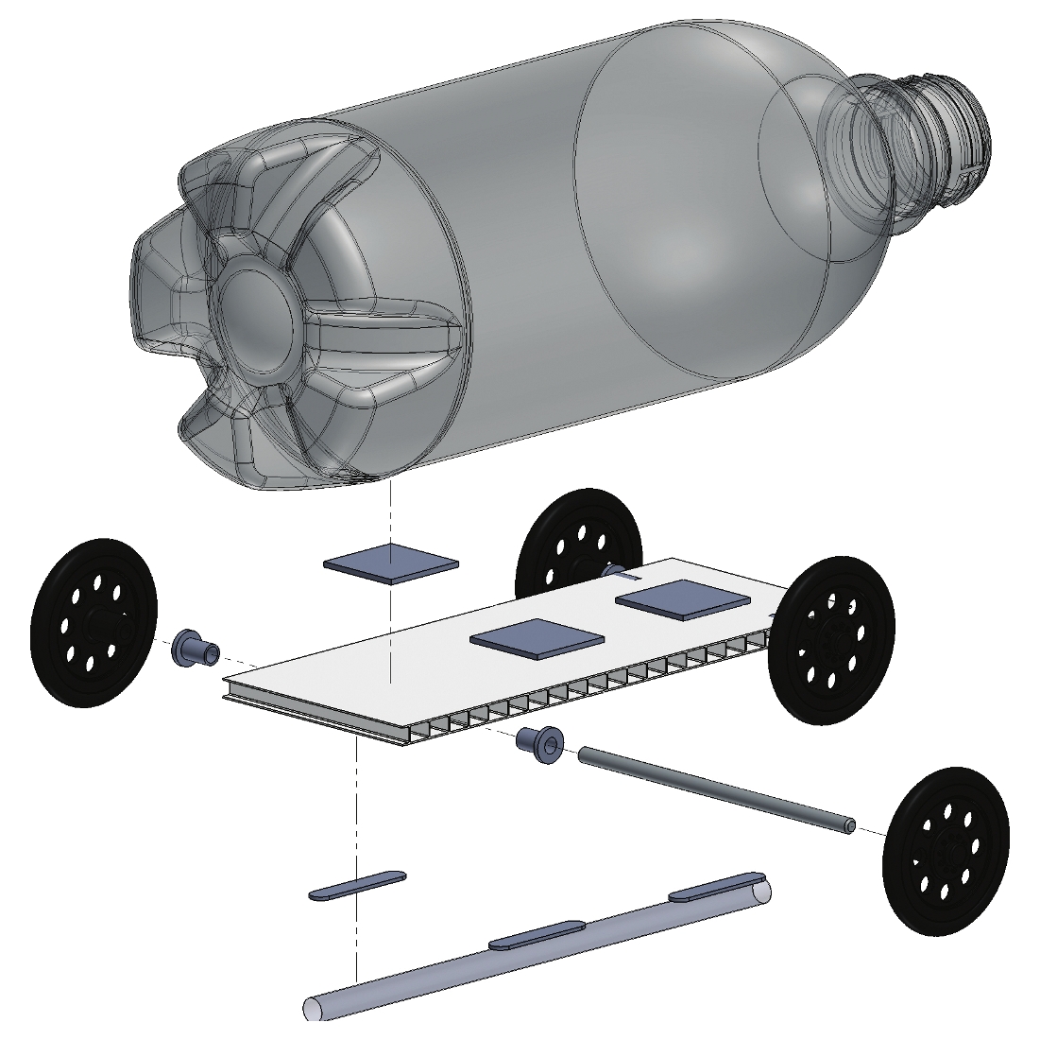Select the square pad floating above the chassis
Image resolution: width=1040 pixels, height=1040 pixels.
(x=391, y=564)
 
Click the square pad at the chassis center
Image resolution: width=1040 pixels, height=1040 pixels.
(x=537, y=638)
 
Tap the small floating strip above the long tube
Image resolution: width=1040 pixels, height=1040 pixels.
(x=357, y=885)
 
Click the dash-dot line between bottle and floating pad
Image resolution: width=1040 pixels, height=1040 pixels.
(x=389, y=515)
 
